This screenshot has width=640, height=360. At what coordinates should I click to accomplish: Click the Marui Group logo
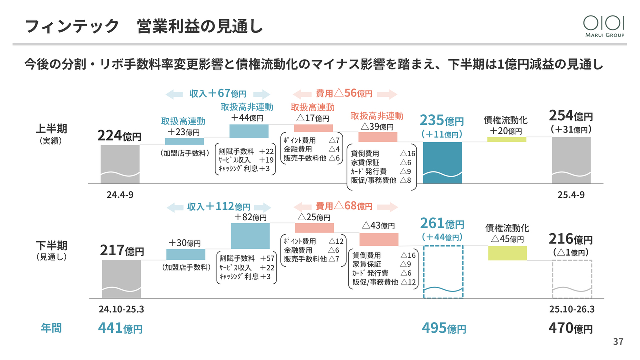604,26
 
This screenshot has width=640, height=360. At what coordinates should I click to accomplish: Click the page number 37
618,342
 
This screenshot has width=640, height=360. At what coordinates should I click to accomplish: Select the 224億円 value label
119,136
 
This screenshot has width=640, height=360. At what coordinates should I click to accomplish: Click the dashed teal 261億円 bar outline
443,272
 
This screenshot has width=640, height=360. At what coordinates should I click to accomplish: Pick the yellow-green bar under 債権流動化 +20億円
506,139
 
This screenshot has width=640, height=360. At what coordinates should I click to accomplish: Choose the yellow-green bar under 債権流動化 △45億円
507,253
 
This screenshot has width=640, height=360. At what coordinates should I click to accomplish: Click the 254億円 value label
571,116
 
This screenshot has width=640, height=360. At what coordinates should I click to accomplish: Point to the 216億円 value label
571,240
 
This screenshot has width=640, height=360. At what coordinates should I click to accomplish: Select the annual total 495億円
444,328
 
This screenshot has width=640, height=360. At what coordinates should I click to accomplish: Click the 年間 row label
51,328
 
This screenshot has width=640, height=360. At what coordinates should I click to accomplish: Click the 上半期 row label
51,129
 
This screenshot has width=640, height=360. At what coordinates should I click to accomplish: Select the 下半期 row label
51,246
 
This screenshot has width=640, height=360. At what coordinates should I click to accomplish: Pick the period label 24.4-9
120,195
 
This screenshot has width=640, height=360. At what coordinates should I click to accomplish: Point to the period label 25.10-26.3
571,309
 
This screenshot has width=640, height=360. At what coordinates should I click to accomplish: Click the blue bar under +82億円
250,236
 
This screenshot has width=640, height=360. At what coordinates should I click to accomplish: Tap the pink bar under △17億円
313,128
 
